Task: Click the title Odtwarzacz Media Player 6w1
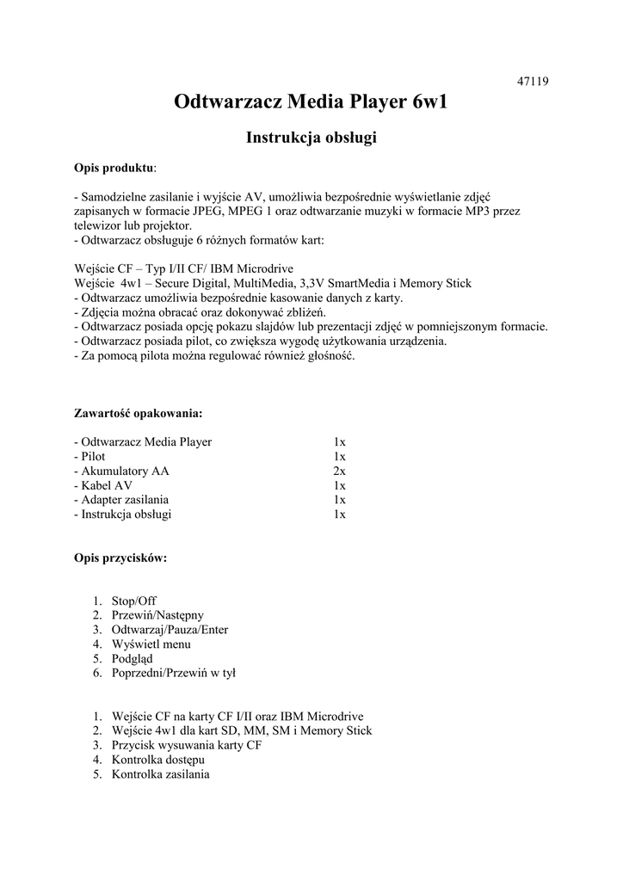click(x=311, y=104)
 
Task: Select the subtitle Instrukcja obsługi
click(x=311, y=137)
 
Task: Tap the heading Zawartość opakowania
click(x=138, y=413)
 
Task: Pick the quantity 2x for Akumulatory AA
click(x=339, y=471)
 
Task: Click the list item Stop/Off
click(x=134, y=601)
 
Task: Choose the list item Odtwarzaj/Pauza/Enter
click(x=170, y=630)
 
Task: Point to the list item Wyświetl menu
click(x=151, y=644)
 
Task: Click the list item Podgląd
click(x=133, y=659)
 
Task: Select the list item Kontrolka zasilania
click(x=160, y=774)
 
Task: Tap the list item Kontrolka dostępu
click(x=157, y=760)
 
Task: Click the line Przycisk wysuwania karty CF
click(x=186, y=745)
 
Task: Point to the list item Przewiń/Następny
click(x=157, y=615)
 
